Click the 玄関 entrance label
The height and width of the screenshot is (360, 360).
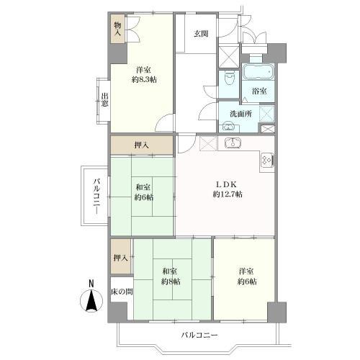tap(201, 34)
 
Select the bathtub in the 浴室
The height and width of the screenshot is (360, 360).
tap(258, 71)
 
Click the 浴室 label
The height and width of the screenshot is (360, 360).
tap(259, 91)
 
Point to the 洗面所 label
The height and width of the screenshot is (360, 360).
tap(240, 114)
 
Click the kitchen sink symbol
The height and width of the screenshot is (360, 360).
tap(233, 143)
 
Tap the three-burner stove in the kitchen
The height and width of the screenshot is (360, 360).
tap(266, 159)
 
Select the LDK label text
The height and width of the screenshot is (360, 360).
tap(227, 184)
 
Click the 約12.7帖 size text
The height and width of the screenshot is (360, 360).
tap(228, 194)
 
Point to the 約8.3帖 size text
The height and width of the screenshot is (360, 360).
tap(144, 80)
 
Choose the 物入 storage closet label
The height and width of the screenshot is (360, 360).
tap(117, 29)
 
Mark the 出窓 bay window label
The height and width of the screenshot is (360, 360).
tap(104, 100)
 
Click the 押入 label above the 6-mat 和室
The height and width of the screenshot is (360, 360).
tap(142, 145)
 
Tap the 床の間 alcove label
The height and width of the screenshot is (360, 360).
tap(122, 292)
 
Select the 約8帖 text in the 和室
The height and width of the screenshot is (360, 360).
tap(171, 282)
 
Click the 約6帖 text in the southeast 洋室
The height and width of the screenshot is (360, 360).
tap(247, 282)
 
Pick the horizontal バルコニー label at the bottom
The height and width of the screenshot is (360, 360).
tap(199, 335)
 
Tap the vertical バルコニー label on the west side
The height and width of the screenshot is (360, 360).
tap(96, 196)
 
